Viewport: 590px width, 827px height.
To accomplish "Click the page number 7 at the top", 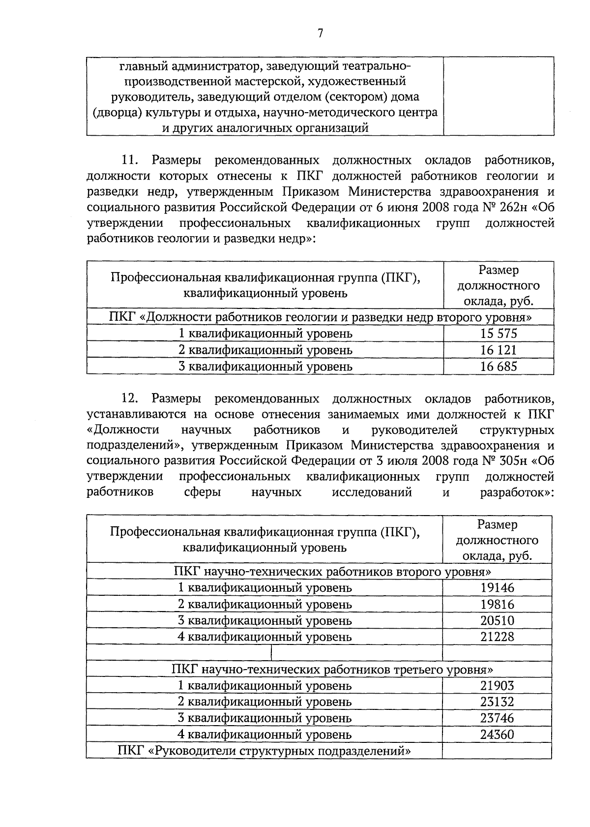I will pos(320,33).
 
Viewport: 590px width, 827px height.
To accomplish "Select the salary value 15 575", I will pos(499,334).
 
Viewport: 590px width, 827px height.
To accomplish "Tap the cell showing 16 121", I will pos(499,350).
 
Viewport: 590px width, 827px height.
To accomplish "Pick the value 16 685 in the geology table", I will pos(499,367).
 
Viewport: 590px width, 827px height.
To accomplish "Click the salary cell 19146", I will pos(497,588).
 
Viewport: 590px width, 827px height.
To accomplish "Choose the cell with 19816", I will pos(497,604).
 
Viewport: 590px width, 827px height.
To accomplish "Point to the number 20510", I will pos(497,620).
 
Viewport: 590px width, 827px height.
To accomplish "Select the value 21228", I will pos(497,637).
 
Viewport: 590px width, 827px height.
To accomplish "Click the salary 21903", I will pos(497,685).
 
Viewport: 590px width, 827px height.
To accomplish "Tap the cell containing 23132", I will pos(497,702).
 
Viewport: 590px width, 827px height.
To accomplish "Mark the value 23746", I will pos(497,718).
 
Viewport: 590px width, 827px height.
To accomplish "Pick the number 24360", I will pos(497,735).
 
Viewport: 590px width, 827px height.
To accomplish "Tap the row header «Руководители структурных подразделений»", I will pos(264,751).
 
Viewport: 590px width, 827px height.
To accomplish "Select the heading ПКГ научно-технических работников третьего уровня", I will pos(332,670).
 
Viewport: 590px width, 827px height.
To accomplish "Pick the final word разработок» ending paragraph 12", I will pos(517,492).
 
